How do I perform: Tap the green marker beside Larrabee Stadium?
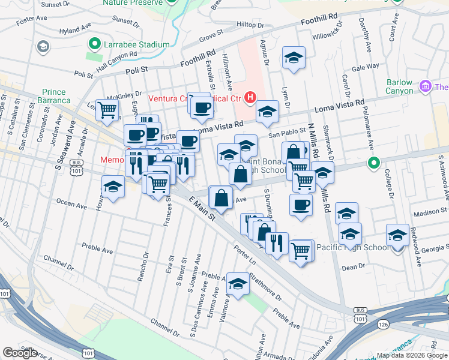point(94,44)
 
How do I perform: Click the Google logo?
point(20,353)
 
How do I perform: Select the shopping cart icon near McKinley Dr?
point(107,110)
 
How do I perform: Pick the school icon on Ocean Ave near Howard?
point(112,187)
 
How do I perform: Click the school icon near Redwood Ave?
point(397,235)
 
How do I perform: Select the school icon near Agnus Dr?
point(294,58)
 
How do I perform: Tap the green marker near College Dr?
point(373,163)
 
